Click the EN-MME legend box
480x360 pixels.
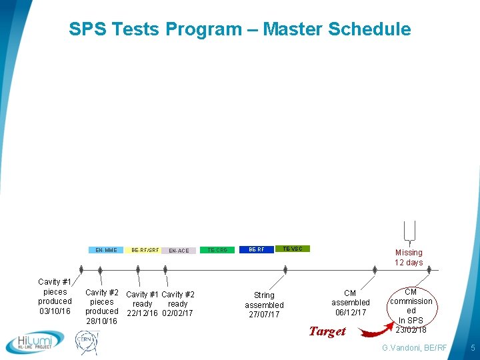(106, 251)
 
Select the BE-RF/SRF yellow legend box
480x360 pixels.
(145, 250)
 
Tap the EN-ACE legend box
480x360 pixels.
(179, 251)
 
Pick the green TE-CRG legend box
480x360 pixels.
(217, 250)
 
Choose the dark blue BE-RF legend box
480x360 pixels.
(257, 249)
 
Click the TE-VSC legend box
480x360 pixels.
(292, 249)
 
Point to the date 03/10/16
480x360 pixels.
(55, 311)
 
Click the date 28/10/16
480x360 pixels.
(101, 321)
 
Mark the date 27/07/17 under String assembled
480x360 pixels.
(264, 315)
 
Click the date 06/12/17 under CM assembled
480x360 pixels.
(351, 313)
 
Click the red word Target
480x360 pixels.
(327, 331)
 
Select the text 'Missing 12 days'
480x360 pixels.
(409, 257)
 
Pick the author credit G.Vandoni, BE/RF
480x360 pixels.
(413, 348)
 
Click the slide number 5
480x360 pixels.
(472, 348)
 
